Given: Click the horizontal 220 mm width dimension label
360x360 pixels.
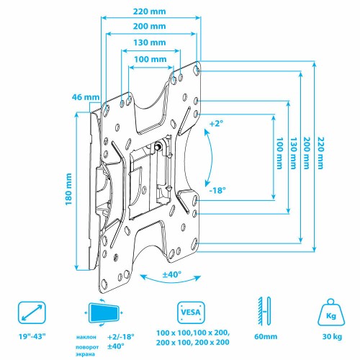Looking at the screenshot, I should (150, 11).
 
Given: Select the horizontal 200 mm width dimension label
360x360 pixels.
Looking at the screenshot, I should (150, 27).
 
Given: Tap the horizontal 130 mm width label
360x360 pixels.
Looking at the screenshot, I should (150, 43).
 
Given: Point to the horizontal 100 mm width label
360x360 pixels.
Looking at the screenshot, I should (150, 60).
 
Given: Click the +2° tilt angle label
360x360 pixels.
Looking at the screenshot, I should (217, 124).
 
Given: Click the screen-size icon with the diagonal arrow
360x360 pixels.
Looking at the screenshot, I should (31, 313).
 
